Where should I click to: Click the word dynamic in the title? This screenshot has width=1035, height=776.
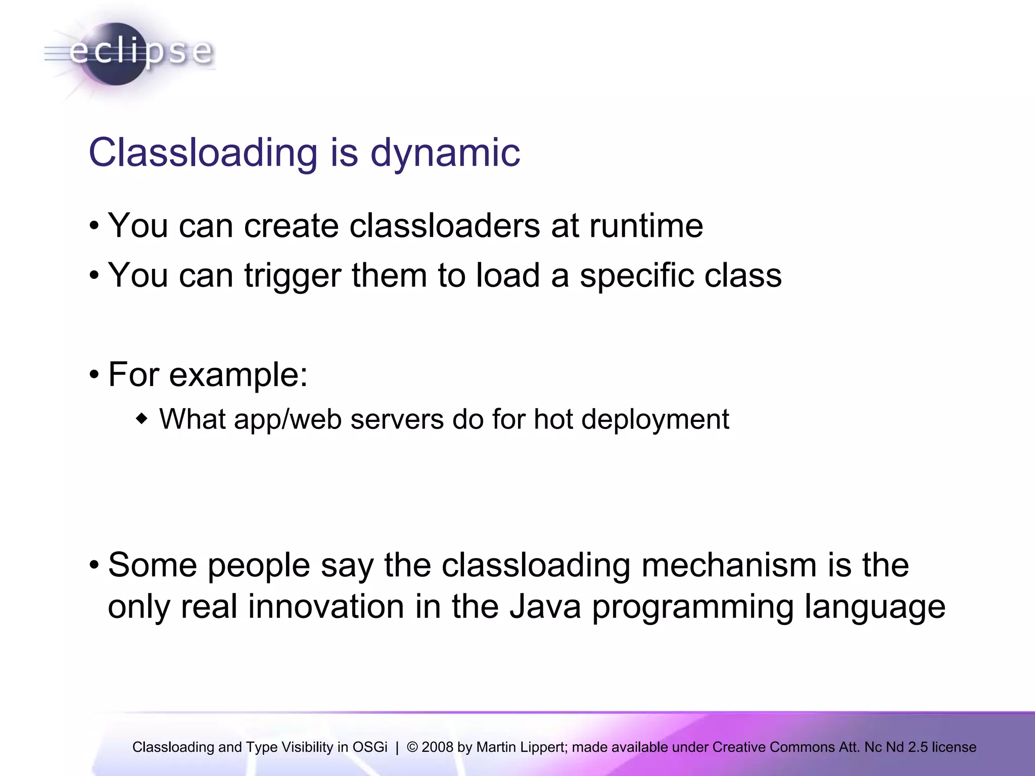[x=445, y=153]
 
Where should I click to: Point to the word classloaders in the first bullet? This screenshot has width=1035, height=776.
[x=444, y=225]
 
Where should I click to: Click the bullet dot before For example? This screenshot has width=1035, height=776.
[x=94, y=375]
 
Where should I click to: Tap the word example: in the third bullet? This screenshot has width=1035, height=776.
[x=238, y=375]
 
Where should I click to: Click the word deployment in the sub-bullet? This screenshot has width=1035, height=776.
[x=655, y=419]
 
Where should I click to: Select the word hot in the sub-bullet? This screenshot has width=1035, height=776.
[x=552, y=419]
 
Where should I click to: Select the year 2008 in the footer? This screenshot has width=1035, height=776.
[x=437, y=747]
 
